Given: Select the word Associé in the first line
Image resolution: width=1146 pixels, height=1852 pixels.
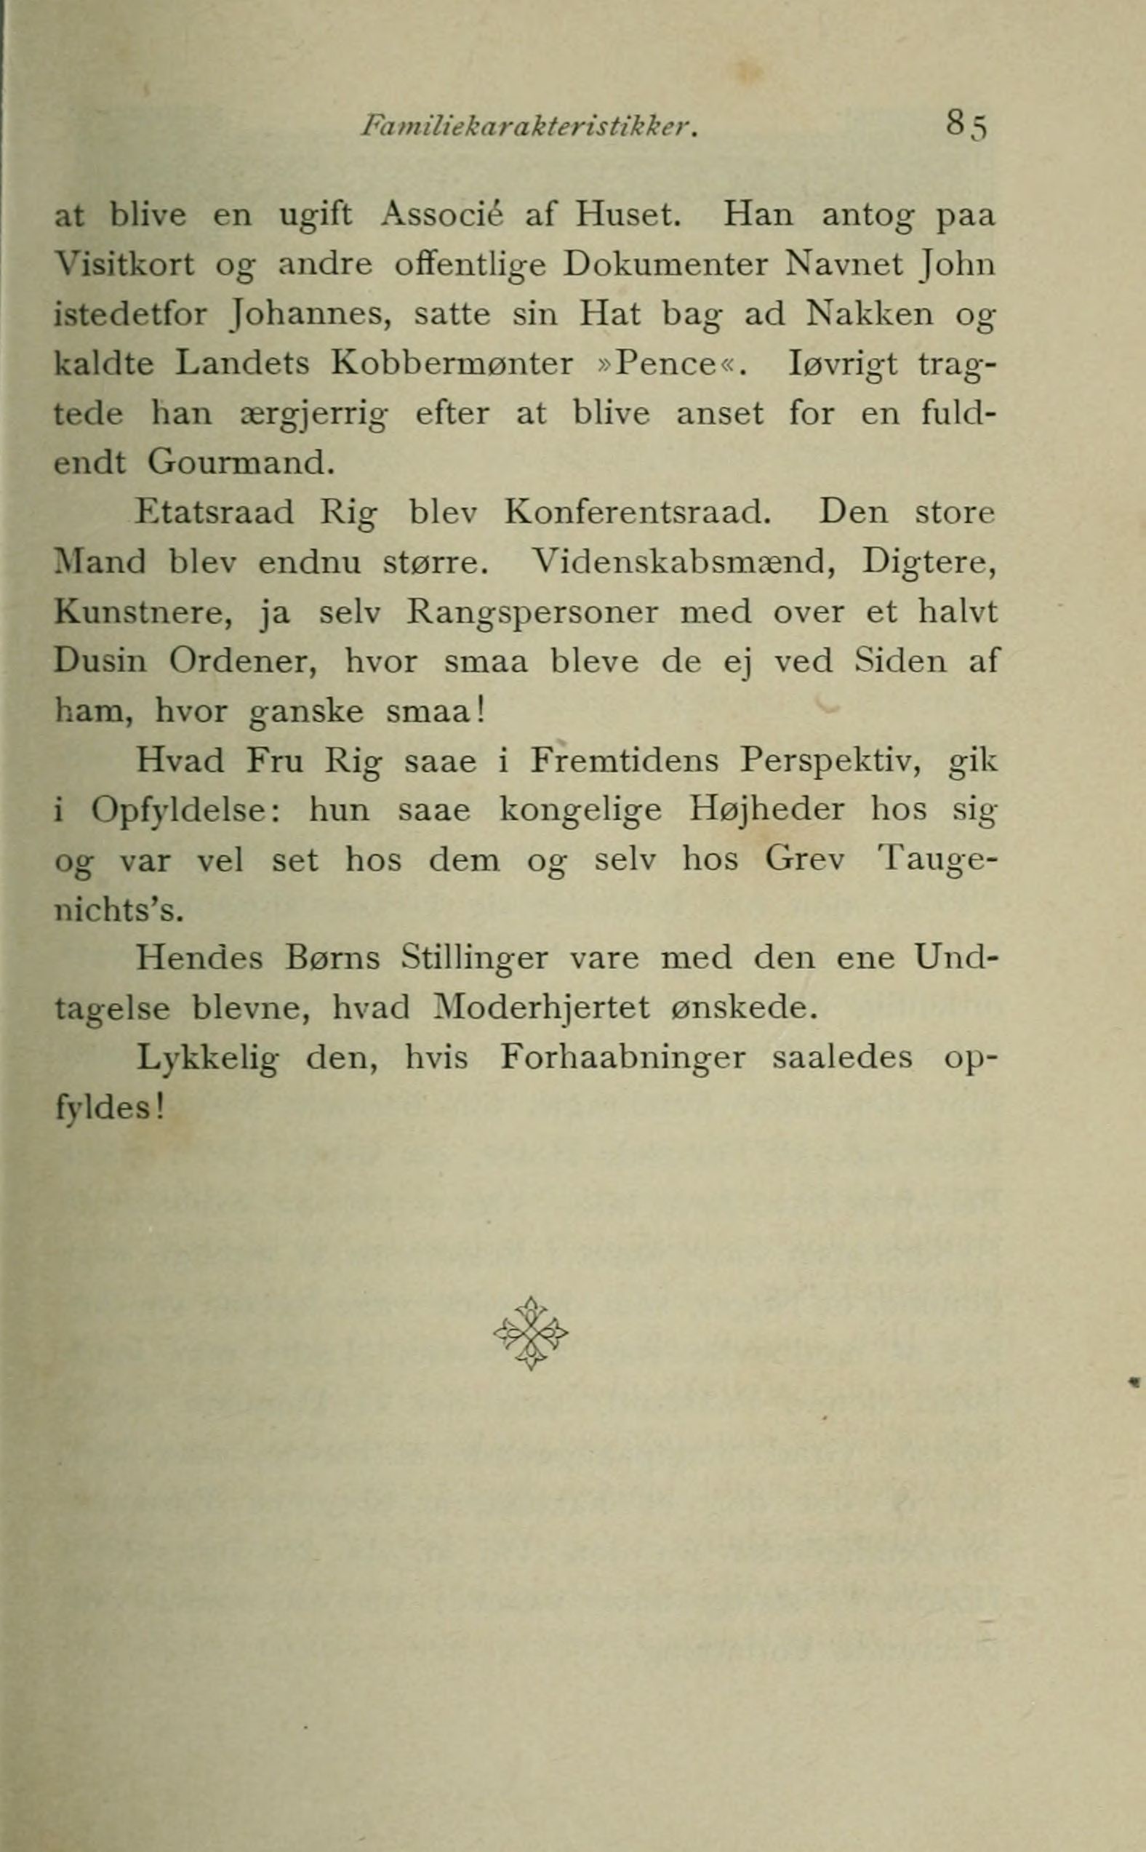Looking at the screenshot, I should click(x=444, y=216).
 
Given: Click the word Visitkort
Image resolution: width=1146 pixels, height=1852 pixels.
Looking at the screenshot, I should click(x=125, y=266).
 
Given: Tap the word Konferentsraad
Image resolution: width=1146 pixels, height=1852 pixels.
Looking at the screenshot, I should click(x=638, y=514).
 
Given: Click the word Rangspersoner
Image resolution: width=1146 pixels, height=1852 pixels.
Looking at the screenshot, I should click(x=533, y=612).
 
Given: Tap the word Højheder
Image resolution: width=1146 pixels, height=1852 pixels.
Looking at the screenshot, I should click(x=767, y=810).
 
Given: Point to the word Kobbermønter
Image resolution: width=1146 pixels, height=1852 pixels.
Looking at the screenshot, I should click(x=452, y=364).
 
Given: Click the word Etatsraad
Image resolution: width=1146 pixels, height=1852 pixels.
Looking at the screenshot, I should click(x=214, y=514).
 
